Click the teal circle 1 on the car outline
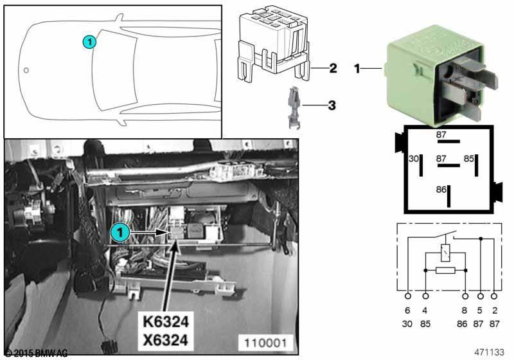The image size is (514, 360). click(x=90, y=42)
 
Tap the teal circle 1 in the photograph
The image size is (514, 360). click(x=118, y=230)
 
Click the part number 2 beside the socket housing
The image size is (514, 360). click(x=332, y=67)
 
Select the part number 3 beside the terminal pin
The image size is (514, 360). click(x=332, y=104)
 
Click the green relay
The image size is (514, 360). click(x=437, y=80)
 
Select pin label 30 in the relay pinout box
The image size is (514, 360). click(x=414, y=158)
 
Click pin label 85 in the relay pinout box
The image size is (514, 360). click(x=470, y=158)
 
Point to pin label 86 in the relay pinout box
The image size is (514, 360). click(x=441, y=190)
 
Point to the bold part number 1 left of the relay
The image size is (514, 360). click(x=357, y=67)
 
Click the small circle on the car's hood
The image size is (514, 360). click(x=26, y=69)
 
